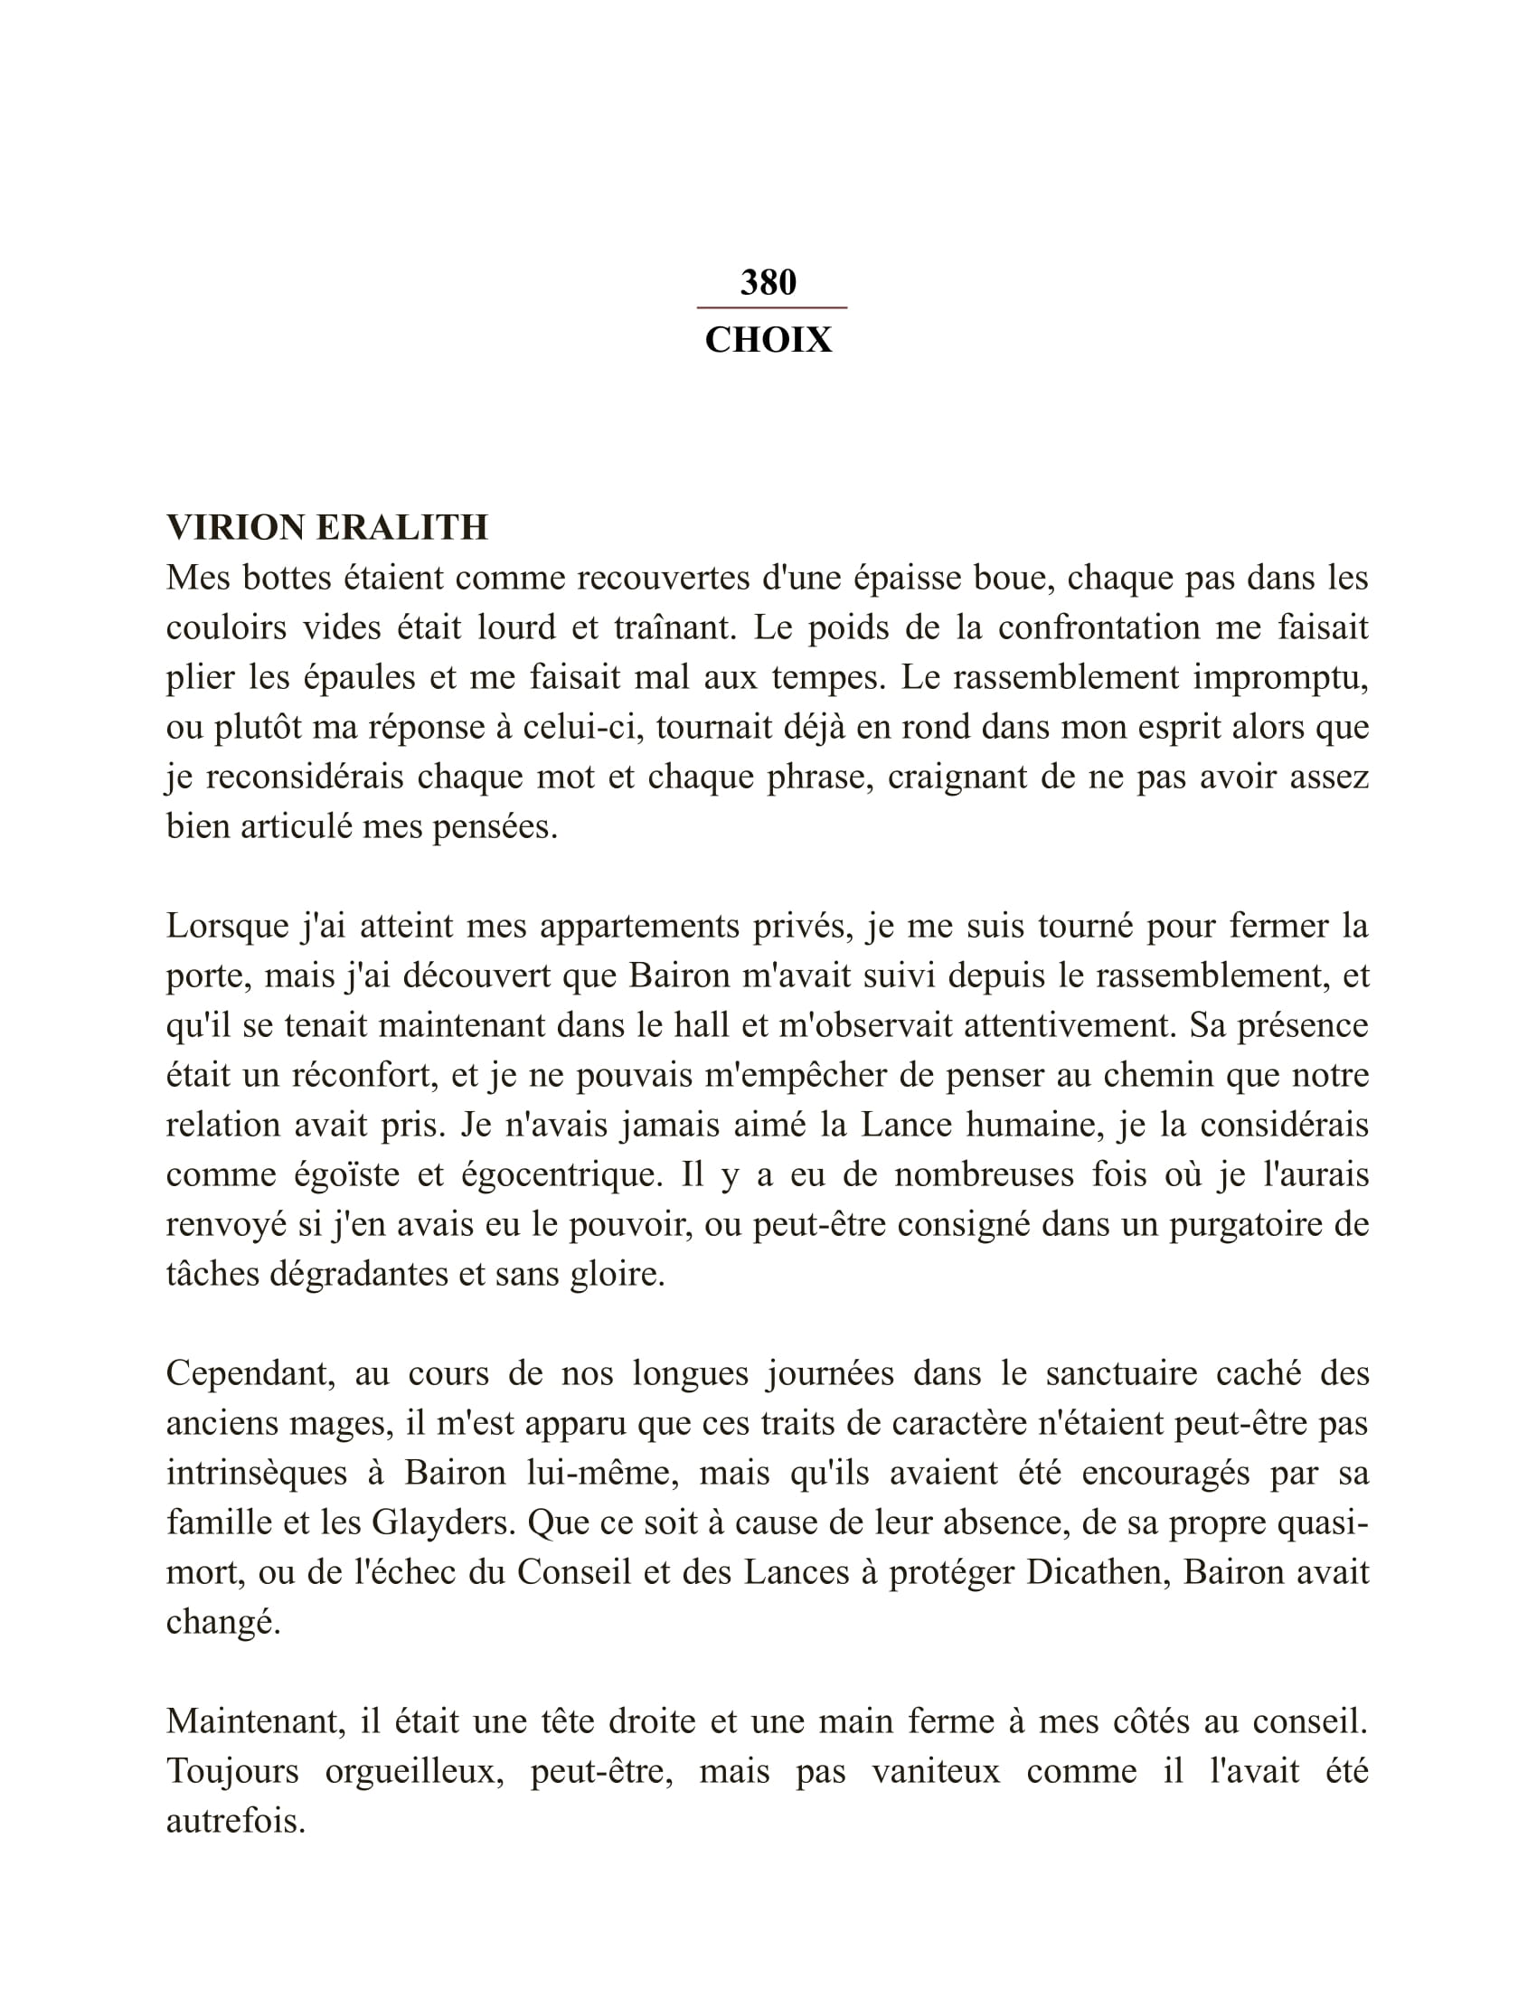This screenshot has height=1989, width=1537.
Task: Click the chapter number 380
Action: [x=768, y=282]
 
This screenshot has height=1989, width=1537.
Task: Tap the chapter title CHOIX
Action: [x=768, y=340]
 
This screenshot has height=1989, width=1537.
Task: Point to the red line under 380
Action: [x=771, y=307]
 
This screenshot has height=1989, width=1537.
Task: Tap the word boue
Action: [x=1014, y=578]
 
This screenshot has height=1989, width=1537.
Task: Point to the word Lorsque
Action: [x=228, y=926]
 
